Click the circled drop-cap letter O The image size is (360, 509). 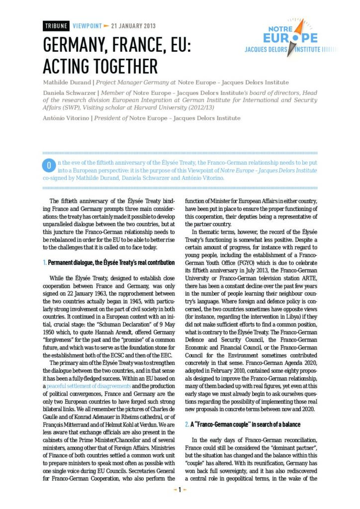click(x=49, y=164)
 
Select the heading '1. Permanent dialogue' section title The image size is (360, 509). click(x=109, y=262)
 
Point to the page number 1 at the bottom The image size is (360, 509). click(x=180, y=490)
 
